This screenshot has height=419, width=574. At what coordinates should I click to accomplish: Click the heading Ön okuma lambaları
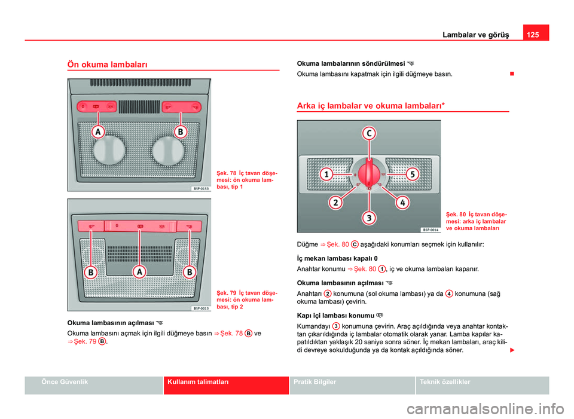coord(108,63)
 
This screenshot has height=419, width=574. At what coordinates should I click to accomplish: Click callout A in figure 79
coord(140,272)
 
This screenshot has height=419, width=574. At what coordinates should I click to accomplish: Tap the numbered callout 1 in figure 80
coord(326,175)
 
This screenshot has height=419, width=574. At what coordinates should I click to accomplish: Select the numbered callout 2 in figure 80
coord(336,202)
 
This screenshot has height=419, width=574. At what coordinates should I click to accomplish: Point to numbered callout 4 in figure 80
coord(403,203)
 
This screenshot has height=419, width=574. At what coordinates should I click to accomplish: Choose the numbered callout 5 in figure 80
coord(412,175)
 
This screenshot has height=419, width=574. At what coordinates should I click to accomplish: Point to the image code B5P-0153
coord(200,188)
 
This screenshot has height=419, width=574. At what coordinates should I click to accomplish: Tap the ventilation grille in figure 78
coord(139,107)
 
